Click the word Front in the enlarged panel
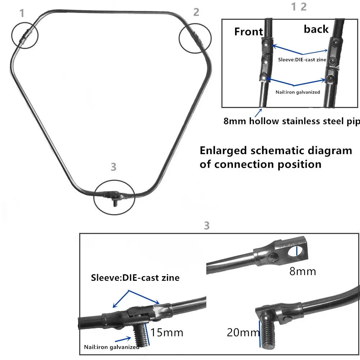point(248,32)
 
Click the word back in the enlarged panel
point(316,29)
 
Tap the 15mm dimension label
point(166,332)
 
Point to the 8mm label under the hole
point(302,271)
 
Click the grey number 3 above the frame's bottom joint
point(113,167)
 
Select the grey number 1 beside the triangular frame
point(22,14)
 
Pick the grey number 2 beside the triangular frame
point(196,12)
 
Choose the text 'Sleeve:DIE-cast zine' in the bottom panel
point(135,278)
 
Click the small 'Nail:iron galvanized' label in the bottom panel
point(112,347)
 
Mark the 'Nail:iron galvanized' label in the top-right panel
point(298,92)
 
